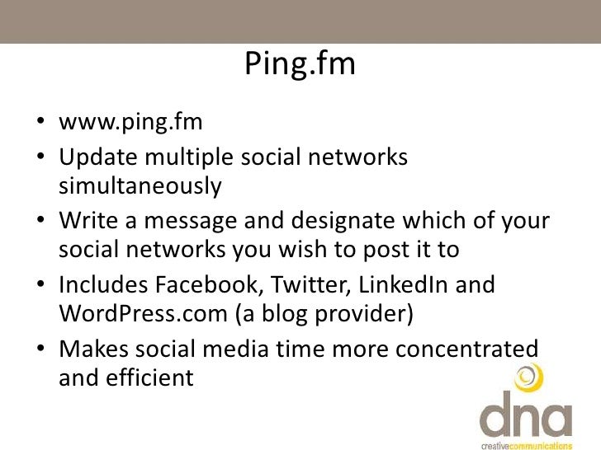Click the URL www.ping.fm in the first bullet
pos(130,124)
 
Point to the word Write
pos(86,222)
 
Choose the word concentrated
pos(467,349)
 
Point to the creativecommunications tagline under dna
pos(525,443)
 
